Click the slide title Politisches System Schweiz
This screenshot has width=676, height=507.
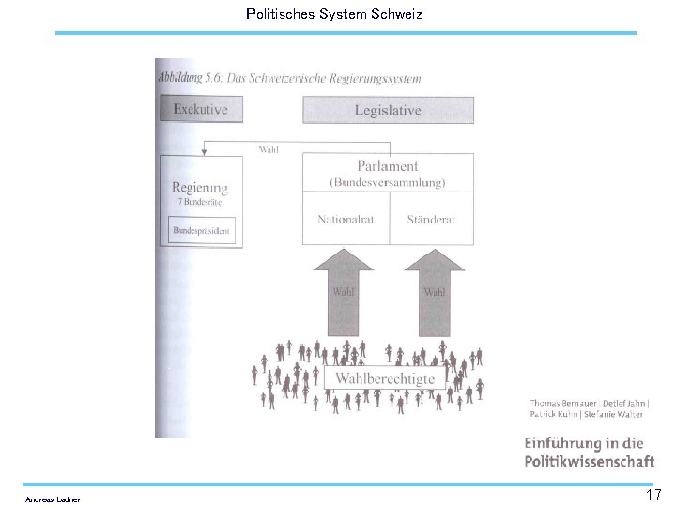coord(333,14)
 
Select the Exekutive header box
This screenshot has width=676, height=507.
coord(200,109)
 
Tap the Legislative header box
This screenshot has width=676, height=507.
coord(387,110)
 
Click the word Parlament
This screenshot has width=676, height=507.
coord(387,166)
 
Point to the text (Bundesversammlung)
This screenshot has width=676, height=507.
coord(387,182)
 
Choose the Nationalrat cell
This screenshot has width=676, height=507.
coord(346,220)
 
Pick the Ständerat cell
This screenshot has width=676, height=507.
coord(431,220)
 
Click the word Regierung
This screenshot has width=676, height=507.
coord(200,188)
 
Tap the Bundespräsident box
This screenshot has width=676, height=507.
coord(201,230)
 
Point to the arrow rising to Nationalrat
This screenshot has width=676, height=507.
coord(343,291)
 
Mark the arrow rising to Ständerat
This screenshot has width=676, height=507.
coord(434,291)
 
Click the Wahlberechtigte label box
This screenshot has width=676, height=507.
coord(385,378)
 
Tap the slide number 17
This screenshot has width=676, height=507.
coord(653,495)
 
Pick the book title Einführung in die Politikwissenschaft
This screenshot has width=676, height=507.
coord(590,452)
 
